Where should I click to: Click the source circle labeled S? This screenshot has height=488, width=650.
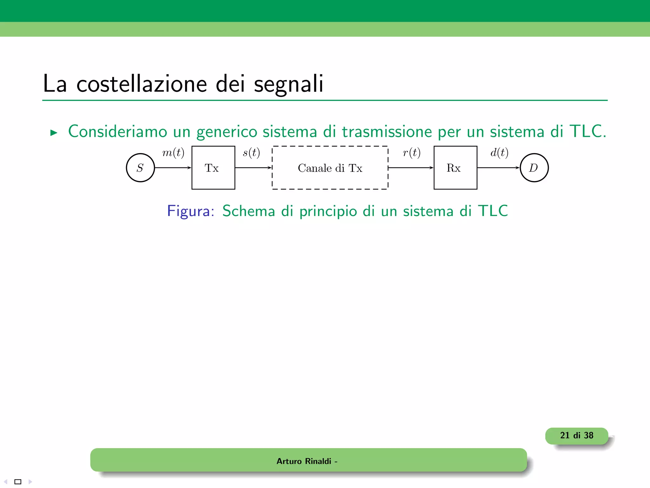140,168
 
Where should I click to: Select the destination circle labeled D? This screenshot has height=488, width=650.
534,168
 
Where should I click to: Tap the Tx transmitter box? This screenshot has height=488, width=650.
213,168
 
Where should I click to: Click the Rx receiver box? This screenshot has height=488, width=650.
455,168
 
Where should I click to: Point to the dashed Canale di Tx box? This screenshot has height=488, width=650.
330,168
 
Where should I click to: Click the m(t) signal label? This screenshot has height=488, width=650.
173,153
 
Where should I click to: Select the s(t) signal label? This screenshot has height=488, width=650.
251,153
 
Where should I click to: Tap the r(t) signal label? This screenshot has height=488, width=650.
412,153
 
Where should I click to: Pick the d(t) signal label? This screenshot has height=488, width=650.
499,153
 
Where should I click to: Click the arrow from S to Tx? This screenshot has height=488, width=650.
173,168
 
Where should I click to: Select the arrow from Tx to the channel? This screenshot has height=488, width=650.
253,168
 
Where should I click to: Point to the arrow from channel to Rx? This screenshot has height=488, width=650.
411,168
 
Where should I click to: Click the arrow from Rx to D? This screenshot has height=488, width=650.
498,168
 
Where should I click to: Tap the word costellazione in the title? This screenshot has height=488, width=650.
142,84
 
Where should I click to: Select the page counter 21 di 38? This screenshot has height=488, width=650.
576,436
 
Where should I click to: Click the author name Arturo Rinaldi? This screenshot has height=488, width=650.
304,461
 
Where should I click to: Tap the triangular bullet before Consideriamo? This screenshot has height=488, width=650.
54,133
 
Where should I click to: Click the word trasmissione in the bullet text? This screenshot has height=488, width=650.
387,132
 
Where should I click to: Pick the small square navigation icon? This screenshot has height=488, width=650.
18,482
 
